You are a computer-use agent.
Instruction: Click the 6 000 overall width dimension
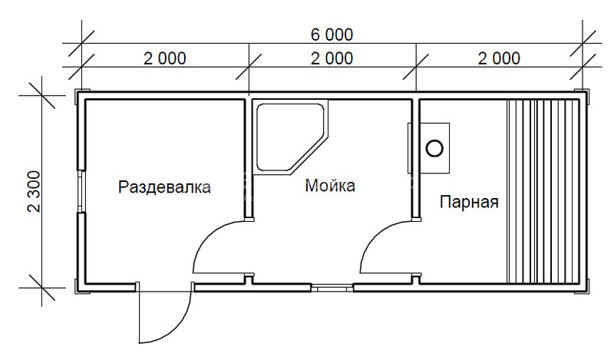(x=332, y=35)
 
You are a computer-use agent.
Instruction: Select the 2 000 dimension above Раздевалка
(x=165, y=59)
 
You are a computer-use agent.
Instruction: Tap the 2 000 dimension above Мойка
(x=332, y=59)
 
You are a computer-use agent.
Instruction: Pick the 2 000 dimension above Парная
(x=500, y=59)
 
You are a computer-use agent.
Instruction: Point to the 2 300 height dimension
(x=35, y=191)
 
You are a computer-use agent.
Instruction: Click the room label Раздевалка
(x=164, y=187)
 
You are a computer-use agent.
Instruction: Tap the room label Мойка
(x=330, y=185)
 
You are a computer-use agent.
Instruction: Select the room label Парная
(x=469, y=203)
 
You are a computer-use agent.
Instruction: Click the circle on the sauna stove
(x=434, y=148)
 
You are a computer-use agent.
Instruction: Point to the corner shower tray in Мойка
(x=290, y=137)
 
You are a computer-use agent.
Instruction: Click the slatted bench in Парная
(x=543, y=191)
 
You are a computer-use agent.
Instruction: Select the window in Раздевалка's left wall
(x=81, y=191)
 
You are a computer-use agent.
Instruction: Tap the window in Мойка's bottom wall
(x=332, y=288)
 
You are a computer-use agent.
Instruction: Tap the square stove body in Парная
(x=434, y=148)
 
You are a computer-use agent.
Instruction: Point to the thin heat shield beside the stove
(x=410, y=148)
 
